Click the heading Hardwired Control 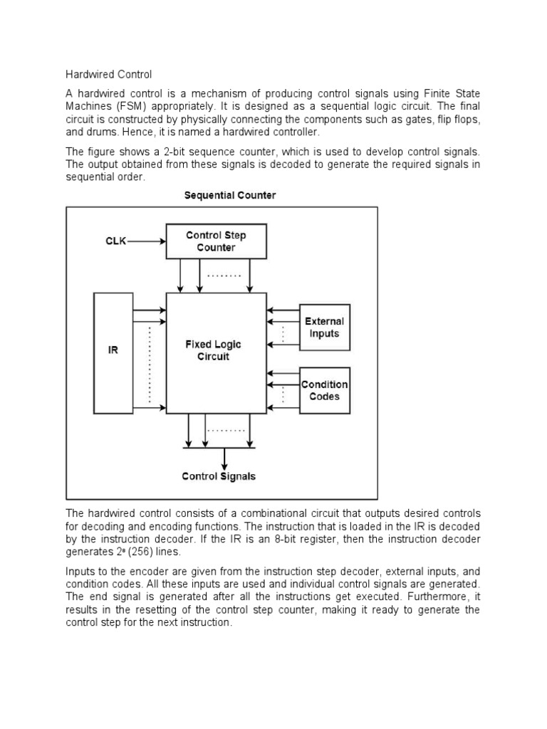coord(109,74)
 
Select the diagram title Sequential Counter coord(230,195)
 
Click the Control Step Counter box coord(216,241)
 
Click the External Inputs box coord(325,328)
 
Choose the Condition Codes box coord(325,390)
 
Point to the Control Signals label coord(219,476)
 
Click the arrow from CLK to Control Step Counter coord(146,241)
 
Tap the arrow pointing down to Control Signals coord(225,457)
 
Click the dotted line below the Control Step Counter coord(225,275)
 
